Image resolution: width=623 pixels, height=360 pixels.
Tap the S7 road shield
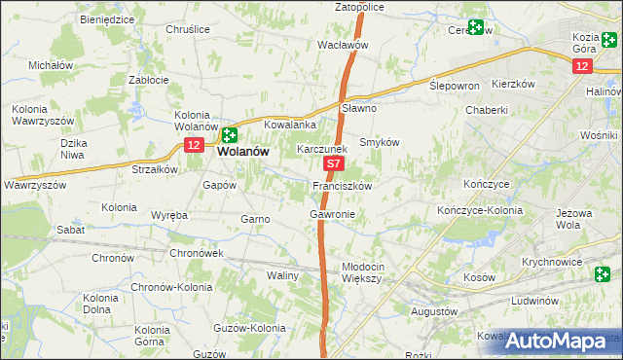(333, 166)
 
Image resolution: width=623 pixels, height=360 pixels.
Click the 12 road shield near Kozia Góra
(581, 65)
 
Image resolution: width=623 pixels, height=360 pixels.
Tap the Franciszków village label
(343, 185)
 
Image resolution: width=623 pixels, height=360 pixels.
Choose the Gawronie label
(332, 214)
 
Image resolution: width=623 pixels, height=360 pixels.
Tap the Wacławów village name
(343, 45)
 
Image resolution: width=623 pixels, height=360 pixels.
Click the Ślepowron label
(455, 86)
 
